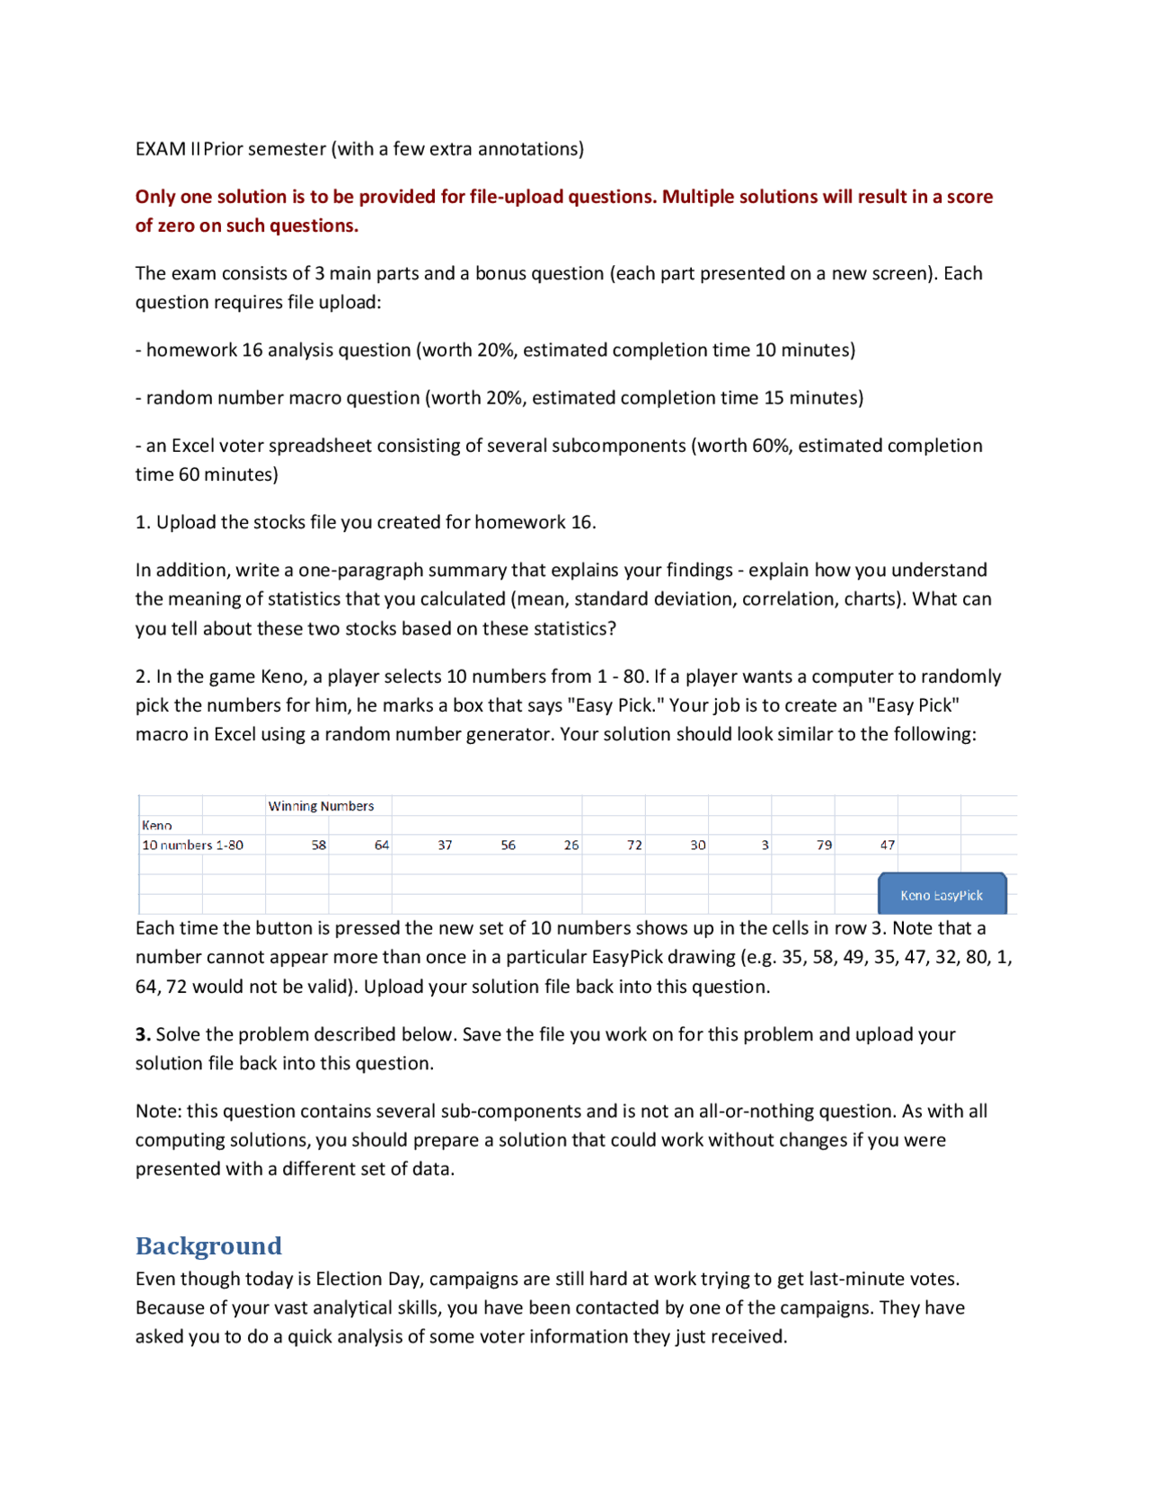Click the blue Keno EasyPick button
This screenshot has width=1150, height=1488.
pos(942,894)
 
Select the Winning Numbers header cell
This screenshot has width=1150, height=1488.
pos(321,806)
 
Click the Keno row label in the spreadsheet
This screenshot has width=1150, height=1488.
pos(157,825)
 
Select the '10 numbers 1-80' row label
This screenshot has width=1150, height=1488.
pos(192,845)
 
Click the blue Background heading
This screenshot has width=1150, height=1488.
pos(208,1245)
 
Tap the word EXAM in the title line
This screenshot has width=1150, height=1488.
pos(161,149)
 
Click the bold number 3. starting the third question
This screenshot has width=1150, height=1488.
pos(143,1034)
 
